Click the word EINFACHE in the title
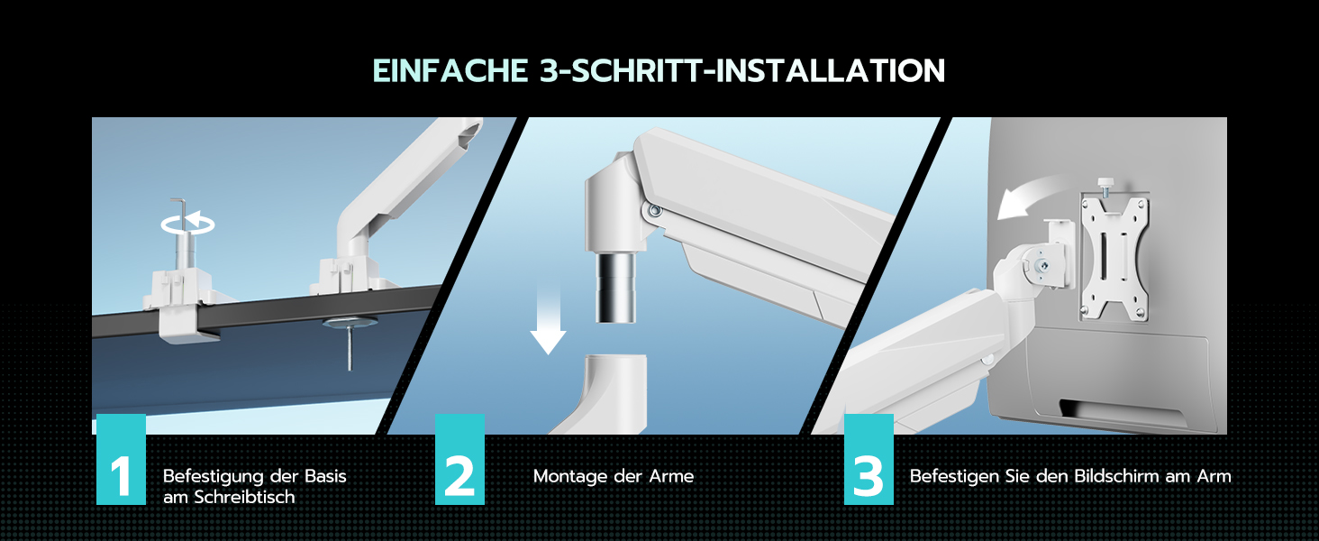451,70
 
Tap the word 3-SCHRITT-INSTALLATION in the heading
742,70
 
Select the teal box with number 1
121,459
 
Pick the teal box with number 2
459,459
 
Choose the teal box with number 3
869,459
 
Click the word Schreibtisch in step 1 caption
244,498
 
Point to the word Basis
325,476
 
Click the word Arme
671,476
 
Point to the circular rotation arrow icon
187,224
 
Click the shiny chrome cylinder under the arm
616,288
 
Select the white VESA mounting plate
1113,258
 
